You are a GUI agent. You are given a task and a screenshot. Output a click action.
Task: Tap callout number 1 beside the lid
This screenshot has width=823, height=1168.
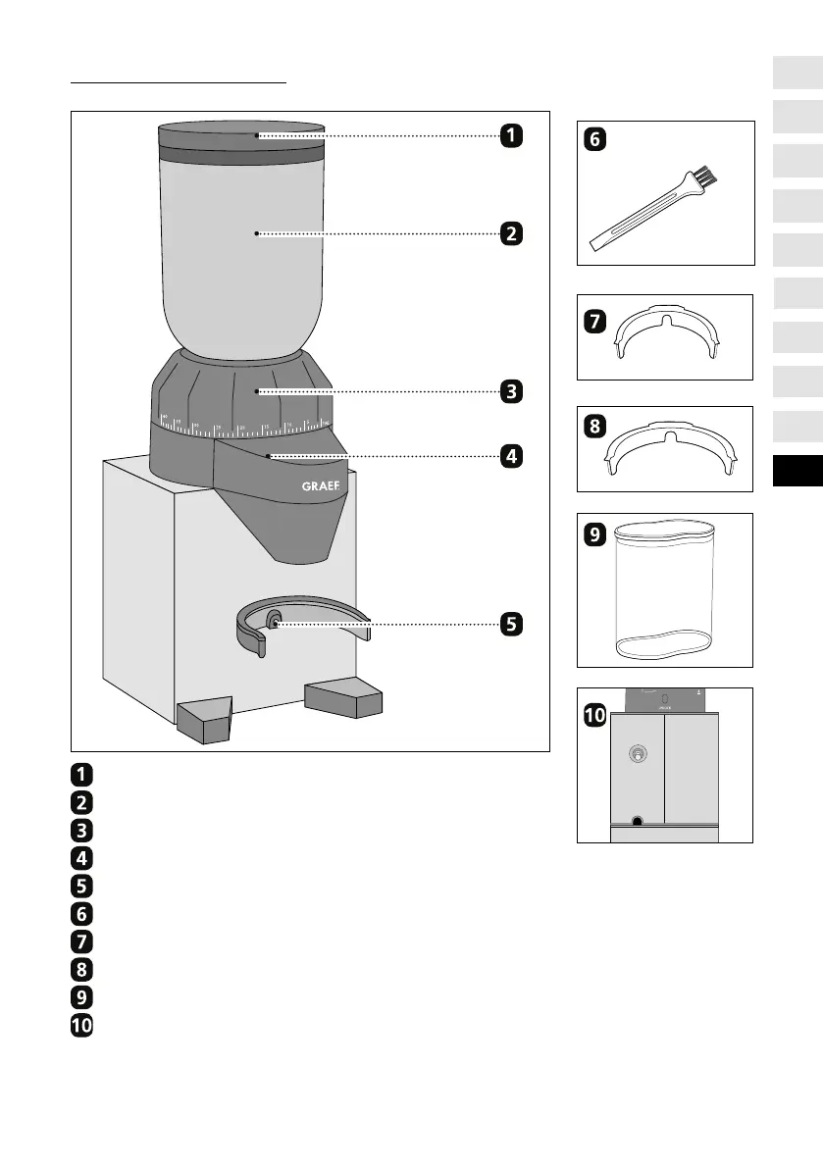pos(510,136)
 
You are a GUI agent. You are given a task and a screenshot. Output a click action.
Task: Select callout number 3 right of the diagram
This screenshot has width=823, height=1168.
pos(510,391)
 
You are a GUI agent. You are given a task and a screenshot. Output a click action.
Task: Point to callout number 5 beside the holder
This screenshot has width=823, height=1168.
pos(510,623)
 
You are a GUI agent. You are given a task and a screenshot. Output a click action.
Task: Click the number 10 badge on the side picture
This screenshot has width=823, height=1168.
pos(595,717)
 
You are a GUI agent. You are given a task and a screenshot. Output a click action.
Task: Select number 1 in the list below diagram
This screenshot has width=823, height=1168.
pos(82,772)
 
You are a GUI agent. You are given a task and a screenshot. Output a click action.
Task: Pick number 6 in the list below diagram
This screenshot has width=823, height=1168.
pos(82,913)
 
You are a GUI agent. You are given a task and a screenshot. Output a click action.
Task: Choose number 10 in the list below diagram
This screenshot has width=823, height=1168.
pos(82,1026)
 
